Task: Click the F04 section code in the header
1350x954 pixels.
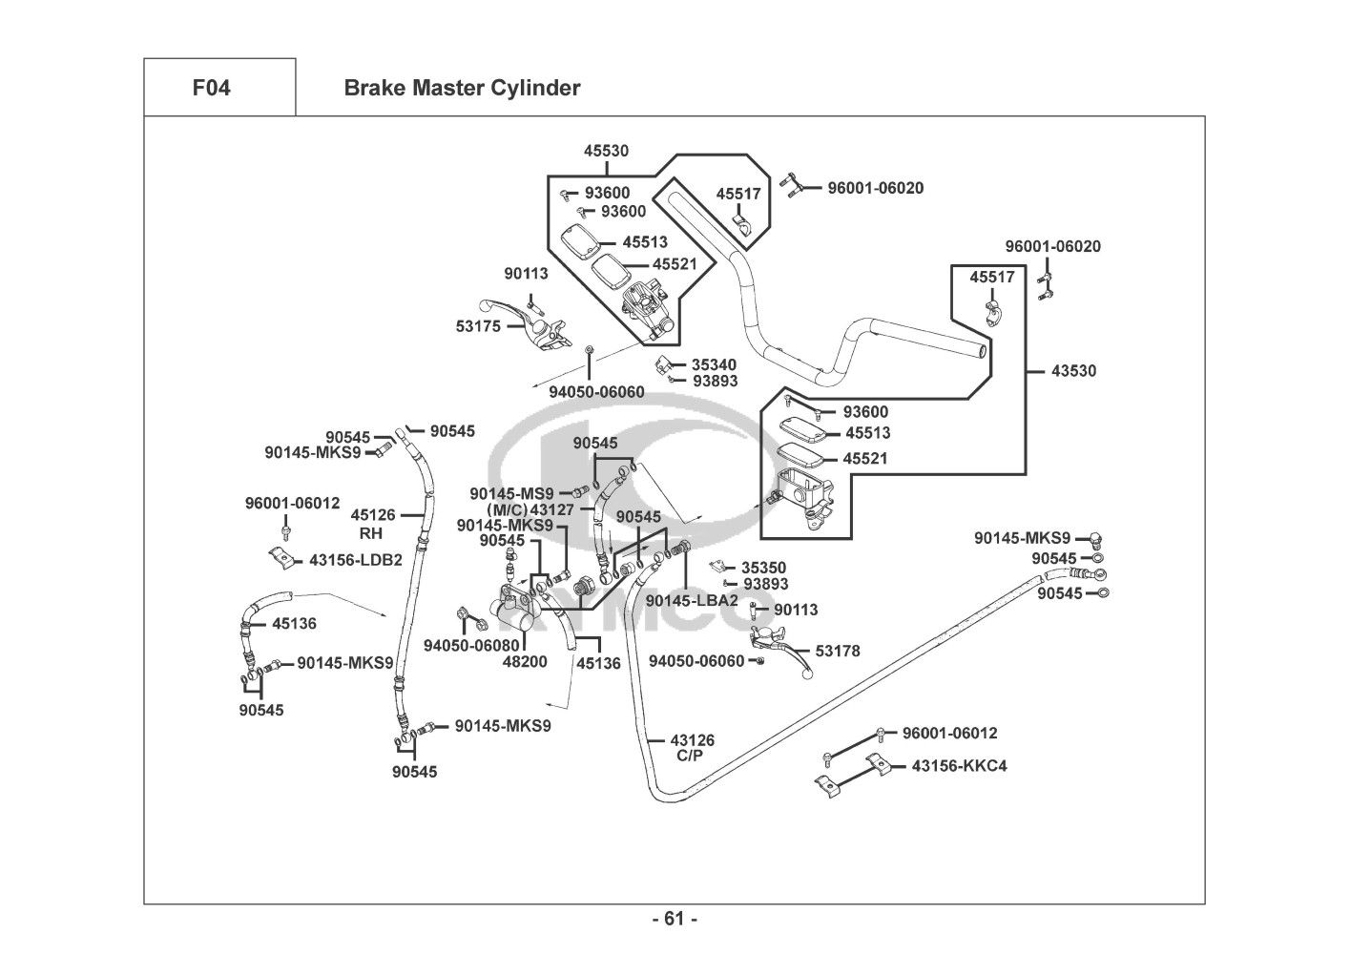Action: click(211, 89)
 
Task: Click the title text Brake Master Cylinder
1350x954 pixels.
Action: click(462, 89)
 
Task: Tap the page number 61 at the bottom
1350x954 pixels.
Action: click(675, 919)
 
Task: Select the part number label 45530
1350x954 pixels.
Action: click(606, 151)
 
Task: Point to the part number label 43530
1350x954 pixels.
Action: click(1073, 370)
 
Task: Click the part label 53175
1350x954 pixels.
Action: click(478, 326)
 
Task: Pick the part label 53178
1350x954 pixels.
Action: click(837, 651)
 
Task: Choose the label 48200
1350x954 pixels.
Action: click(525, 661)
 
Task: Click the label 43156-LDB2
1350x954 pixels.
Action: click(356, 560)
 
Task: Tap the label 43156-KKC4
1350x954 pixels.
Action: click(959, 765)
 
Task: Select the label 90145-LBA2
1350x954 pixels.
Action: click(692, 600)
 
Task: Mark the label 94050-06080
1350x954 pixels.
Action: click(471, 644)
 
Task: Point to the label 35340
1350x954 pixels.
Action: click(715, 364)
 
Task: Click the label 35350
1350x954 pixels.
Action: click(763, 568)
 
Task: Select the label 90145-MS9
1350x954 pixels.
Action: click(511, 493)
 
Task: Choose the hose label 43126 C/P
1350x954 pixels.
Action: click(692, 747)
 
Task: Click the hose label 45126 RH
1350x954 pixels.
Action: click(372, 523)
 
